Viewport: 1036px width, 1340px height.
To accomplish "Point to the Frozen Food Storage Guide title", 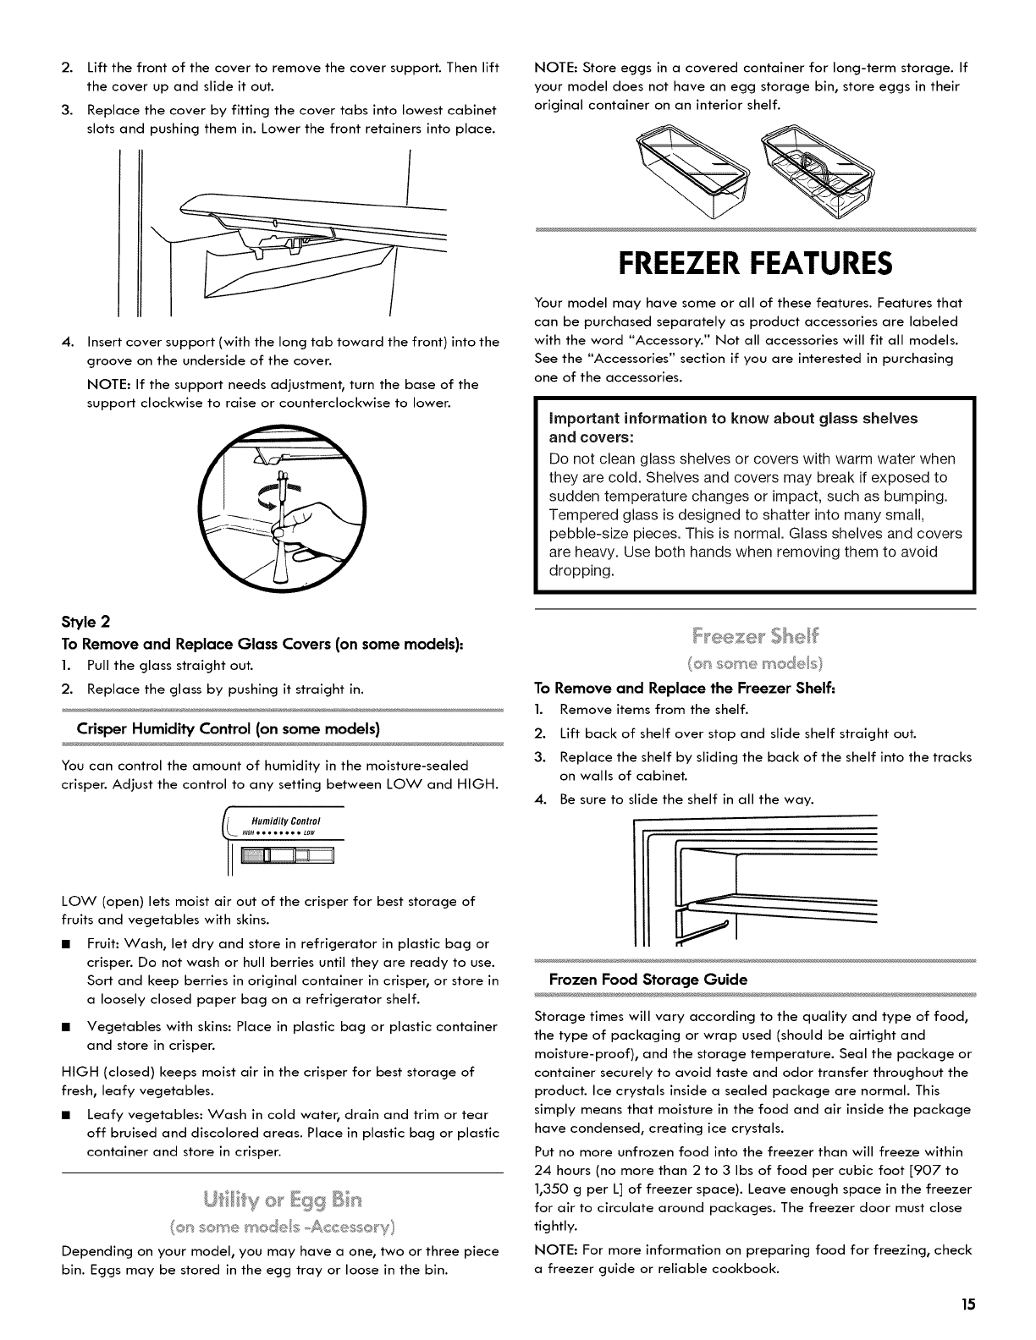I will (x=648, y=980).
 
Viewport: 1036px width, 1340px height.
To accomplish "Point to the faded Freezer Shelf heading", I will (x=756, y=634).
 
